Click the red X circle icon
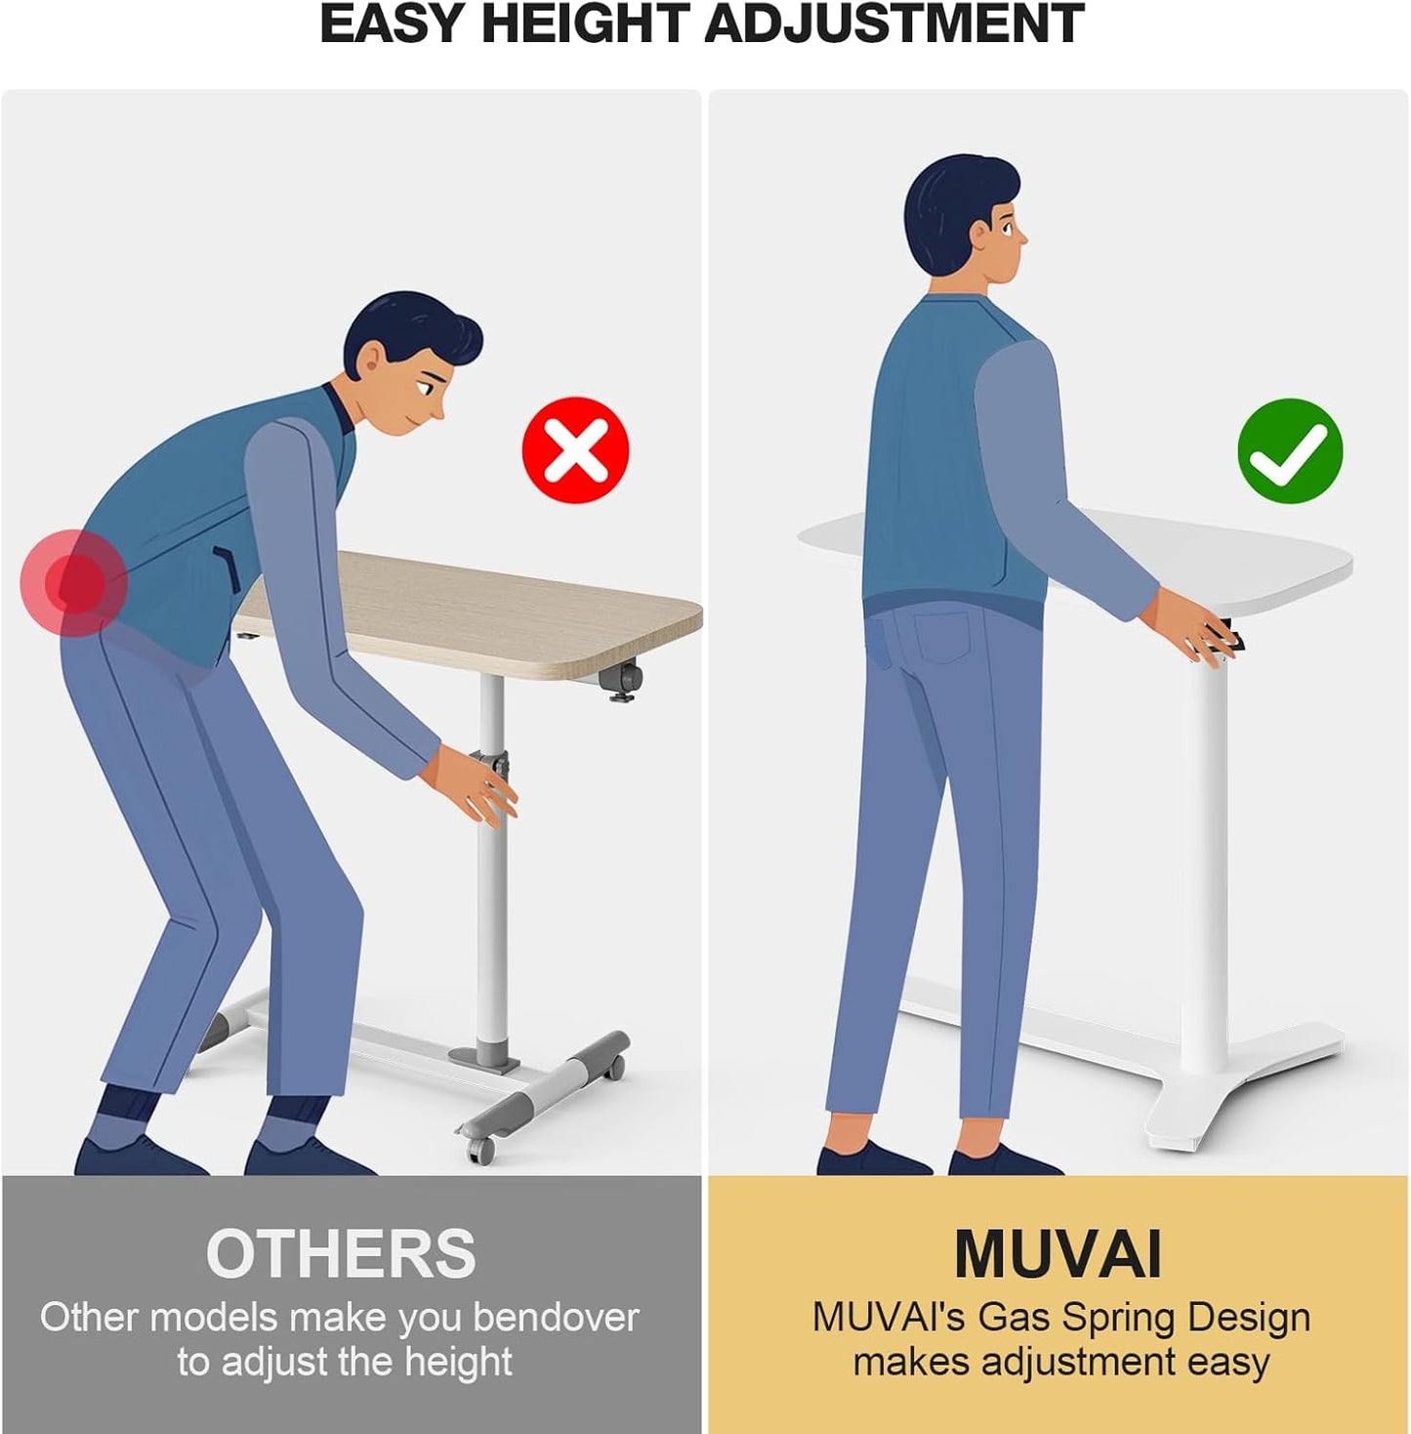(x=575, y=450)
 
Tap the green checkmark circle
(x=1290, y=451)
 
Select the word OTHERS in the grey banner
(x=341, y=1253)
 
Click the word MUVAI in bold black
(x=1058, y=1253)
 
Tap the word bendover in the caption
(x=556, y=1318)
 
